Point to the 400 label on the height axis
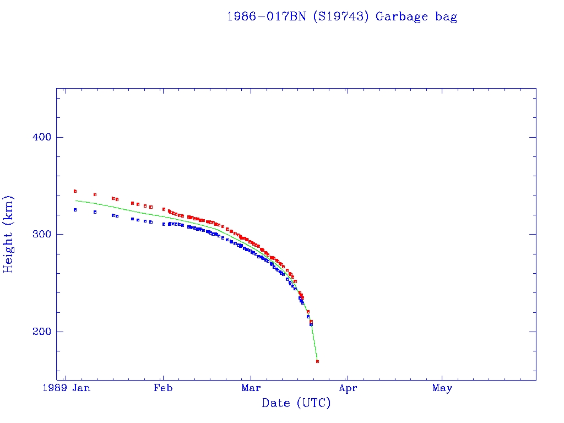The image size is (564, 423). click(x=39, y=137)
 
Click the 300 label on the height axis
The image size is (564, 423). click(x=39, y=234)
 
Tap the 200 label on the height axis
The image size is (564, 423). click(x=39, y=332)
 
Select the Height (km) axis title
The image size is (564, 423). click(x=9, y=234)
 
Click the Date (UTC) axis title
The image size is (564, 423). click(x=296, y=403)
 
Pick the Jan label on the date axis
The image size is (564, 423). click(x=81, y=388)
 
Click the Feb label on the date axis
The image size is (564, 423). click(x=163, y=388)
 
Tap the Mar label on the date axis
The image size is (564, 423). click(x=251, y=388)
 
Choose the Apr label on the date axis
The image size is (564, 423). click(x=348, y=388)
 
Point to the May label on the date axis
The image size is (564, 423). click(x=442, y=388)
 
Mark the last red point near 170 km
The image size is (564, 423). click(x=318, y=361)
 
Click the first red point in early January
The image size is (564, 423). click(x=75, y=191)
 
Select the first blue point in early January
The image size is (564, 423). click(x=75, y=210)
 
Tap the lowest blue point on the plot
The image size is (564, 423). click(x=311, y=324)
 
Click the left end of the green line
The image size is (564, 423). click(x=75, y=200)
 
